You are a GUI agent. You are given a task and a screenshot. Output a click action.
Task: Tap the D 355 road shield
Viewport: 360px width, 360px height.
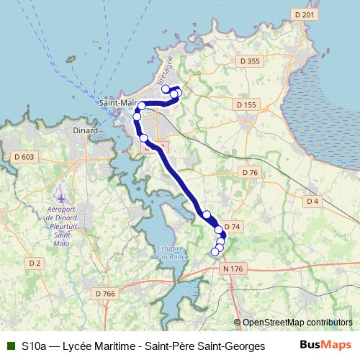248,62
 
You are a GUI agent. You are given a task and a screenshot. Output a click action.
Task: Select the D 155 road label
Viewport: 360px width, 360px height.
246,105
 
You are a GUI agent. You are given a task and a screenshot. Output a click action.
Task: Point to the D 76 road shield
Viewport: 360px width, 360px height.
250,172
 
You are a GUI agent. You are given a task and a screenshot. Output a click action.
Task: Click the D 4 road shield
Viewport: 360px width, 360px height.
312,201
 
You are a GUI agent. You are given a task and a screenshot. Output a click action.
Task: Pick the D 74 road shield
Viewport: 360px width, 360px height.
232,226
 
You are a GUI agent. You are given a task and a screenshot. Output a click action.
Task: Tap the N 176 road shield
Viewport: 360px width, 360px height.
233,269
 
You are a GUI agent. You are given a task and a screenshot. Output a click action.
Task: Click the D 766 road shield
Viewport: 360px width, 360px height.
105,293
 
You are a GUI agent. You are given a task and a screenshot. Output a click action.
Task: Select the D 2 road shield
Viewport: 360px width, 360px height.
35,264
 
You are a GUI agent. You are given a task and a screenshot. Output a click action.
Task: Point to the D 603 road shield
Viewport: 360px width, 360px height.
24,156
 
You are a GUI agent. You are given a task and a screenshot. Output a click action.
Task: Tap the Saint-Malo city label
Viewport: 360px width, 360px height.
117,103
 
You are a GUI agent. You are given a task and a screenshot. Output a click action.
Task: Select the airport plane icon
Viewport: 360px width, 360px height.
60,197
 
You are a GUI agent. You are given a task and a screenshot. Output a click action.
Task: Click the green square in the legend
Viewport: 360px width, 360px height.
10,346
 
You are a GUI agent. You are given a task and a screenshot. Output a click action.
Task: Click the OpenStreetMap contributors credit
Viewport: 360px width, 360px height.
297,322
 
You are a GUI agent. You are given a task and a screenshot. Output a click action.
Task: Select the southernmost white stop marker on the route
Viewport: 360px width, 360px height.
214,251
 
